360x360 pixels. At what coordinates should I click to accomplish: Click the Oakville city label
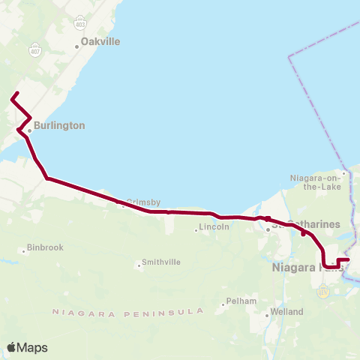pyautogui.click(x=100, y=42)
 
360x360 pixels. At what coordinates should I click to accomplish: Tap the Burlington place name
pyautogui.click(x=59, y=126)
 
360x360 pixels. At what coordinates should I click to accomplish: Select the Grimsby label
pyautogui.click(x=140, y=201)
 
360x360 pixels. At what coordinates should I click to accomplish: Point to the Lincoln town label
pyautogui.click(x=214, y=226)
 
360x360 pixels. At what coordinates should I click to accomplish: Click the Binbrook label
pyautogui.click(x=46, y=247)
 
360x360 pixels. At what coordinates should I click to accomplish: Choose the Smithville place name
pyautogui.click(x=162, y=263)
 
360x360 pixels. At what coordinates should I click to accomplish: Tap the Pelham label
pyautogui.click(x=244, y=301)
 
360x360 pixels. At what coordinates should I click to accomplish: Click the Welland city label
pyautogui.click(x=287, y=311)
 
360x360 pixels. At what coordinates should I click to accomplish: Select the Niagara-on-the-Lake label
pyautogui.click(x=316, y=183)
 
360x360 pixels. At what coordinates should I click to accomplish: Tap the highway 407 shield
pyautogui.click(x=35, y=51)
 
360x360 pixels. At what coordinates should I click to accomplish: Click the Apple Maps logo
pyautogui.click(x=27, y=347)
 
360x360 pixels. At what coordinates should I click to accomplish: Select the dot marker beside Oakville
pyautogui.click(x=76, y=46)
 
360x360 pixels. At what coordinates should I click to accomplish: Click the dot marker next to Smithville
pyautogui.click(x=139, y=264)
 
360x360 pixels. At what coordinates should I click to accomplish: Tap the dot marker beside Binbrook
pyautogui.click(x=23, y=252)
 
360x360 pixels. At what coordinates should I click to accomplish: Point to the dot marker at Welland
pyautogui.click(x=268, y=316)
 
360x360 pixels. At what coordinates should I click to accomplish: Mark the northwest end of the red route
pyautogui.click(x=13, y=97)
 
